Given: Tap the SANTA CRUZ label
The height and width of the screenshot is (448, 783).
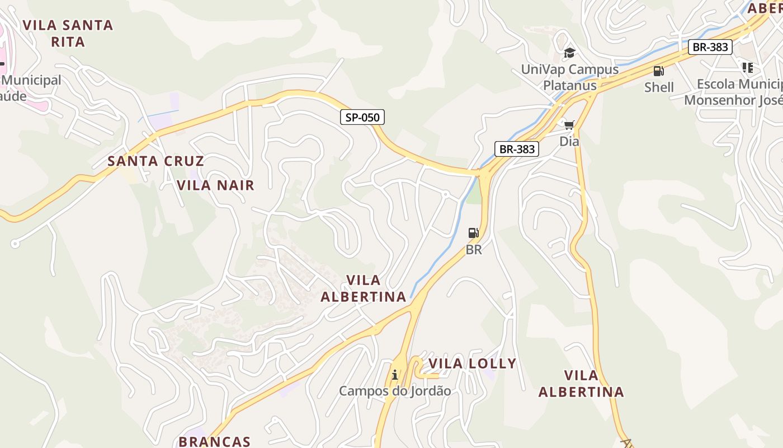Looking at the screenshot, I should pos(155,161).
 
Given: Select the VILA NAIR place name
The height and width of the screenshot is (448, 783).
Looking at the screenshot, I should pos(215,185).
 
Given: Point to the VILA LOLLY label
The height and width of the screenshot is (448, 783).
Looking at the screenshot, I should pos(472,364).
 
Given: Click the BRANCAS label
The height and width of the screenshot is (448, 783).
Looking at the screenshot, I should pos(214,441).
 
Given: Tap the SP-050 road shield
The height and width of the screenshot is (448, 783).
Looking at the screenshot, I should pos(362,117).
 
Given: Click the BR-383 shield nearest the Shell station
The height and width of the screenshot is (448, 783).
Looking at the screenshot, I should pos(710,47).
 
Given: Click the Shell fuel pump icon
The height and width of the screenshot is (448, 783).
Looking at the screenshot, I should pos(659,71).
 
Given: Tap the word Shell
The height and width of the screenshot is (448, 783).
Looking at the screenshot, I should pos(659,87).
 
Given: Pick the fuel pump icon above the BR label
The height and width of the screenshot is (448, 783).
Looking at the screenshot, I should pos(473,233).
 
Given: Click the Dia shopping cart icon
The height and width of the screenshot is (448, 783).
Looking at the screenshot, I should pos(569,125).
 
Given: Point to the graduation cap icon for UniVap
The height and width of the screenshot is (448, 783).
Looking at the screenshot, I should pos(569,53).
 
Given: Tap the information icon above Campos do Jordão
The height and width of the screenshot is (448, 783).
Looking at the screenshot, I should pos(395,375).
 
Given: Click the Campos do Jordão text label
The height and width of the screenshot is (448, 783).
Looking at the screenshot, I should pos(395,391).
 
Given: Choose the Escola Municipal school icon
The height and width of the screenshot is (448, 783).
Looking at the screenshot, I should pos(747,68).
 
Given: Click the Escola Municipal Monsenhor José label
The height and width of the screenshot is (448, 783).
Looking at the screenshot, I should pos(733,92).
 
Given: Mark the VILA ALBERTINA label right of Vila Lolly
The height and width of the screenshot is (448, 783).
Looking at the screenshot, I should pos(581,384).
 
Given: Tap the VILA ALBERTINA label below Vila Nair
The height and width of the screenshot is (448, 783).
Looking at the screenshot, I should pos(364,288).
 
